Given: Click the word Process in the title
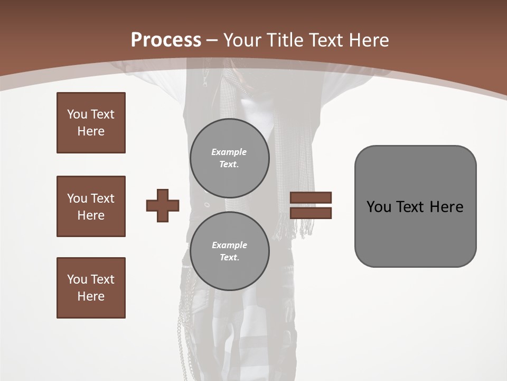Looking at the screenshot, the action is (166, 40).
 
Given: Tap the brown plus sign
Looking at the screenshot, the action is (163, 205).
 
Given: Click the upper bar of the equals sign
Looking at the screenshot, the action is (311, 197).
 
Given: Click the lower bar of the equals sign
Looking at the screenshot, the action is (311, 213).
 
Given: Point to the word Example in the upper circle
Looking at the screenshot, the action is (229, 152).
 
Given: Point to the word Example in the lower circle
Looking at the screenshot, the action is (229, 245).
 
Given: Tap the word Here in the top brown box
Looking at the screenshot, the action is (91, 131).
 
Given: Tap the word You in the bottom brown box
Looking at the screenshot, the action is (77, 279).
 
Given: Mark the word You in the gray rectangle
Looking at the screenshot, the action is (379, 207).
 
